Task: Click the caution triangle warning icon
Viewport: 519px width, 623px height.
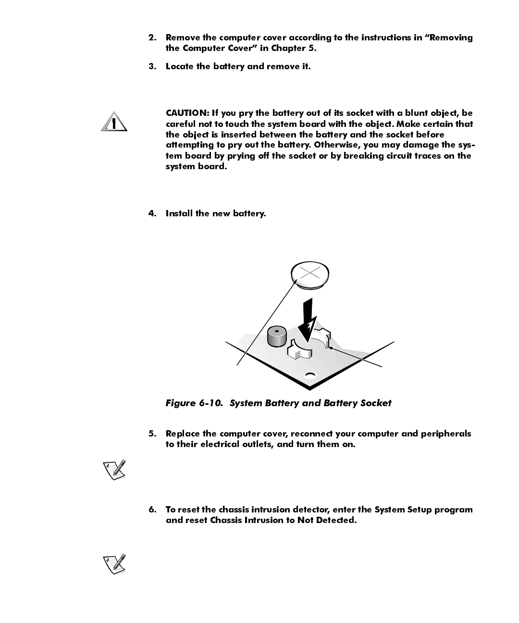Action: click(x=114, y=122)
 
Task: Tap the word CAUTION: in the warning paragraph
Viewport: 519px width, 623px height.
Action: click(x=187, y=113)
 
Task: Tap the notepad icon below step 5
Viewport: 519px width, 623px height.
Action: click(x=115, y=469)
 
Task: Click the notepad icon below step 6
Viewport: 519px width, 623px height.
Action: click(x=115, y=563)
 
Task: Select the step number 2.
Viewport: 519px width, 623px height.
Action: click(x=152, y=37)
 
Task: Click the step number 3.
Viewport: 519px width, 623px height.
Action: click(x=152, y=66)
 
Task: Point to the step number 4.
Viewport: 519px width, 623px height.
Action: click(x=152, y=213)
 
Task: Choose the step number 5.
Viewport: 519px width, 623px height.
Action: click(x=152, y=434)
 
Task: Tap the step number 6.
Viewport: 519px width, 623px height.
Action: click(x=152, y=510)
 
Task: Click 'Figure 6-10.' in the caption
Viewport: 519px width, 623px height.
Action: click(x=194, y=403)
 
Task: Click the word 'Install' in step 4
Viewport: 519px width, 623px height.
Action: click(x=179, y=213)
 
